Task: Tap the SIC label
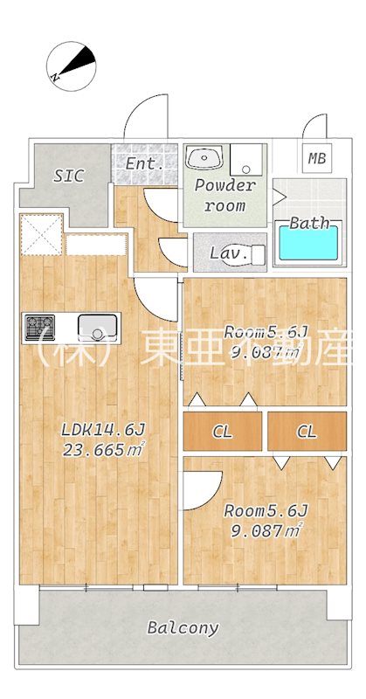tap(68, 176)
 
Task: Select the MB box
tap(315, 159)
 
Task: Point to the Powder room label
tap(224, 195)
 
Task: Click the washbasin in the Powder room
tap(205, 158)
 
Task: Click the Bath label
tap(309, 222)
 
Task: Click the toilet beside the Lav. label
tap(256, 254)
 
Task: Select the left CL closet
tap(223, 431)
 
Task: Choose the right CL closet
tap(306, 431)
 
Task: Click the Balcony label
tap(183, 627)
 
